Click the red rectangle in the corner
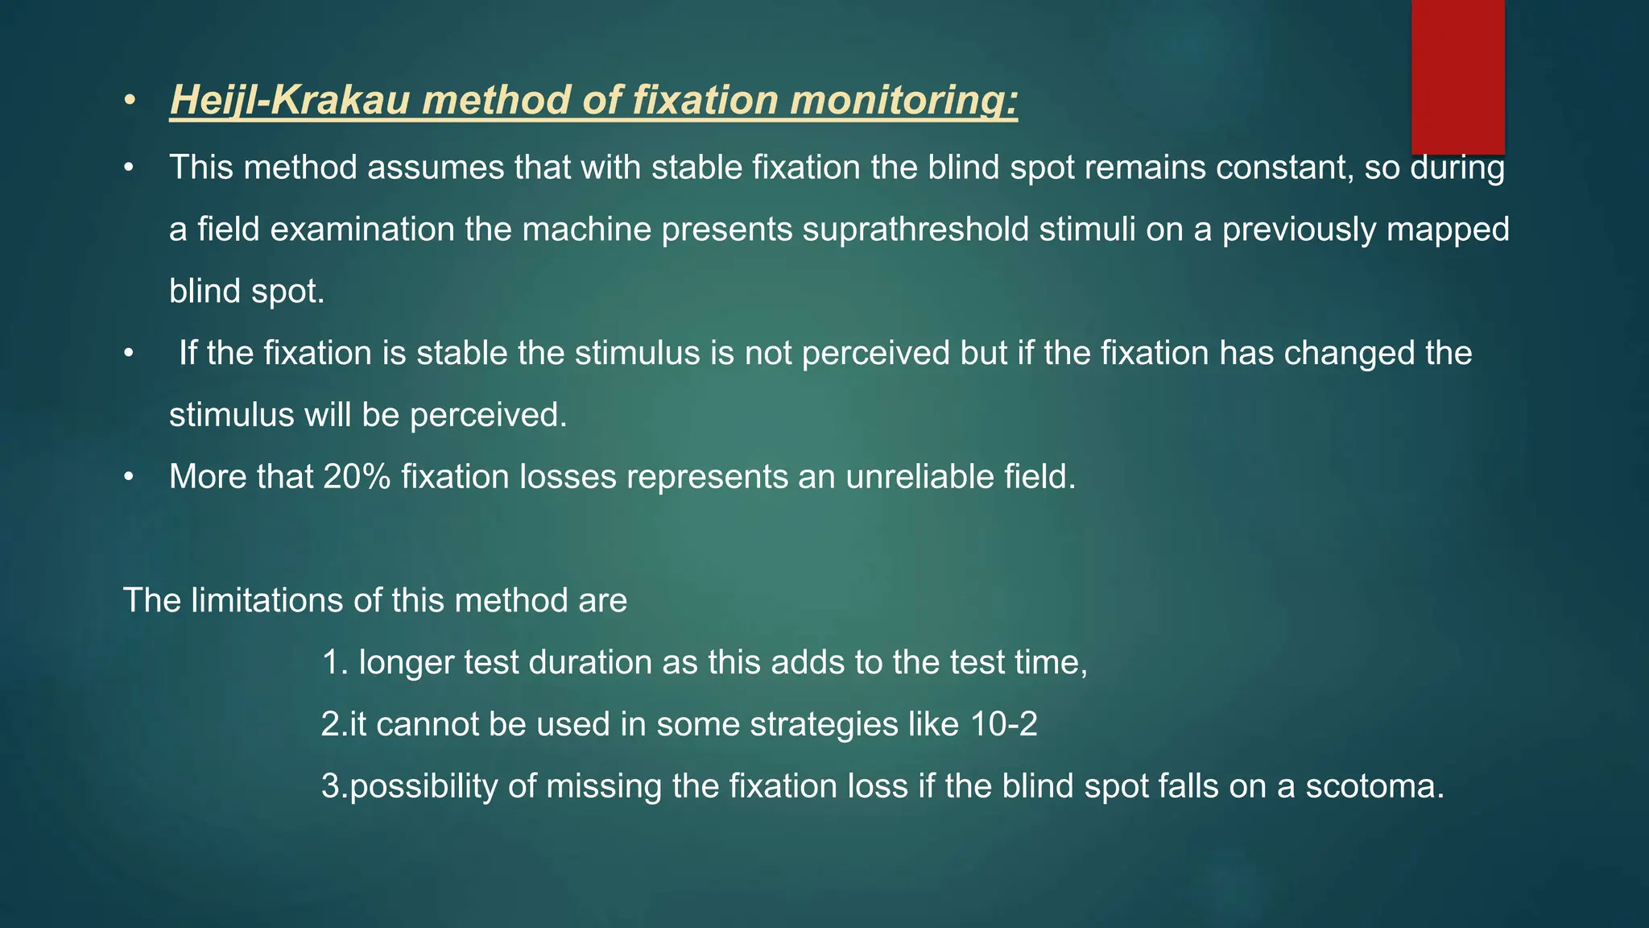(1457, 77)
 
